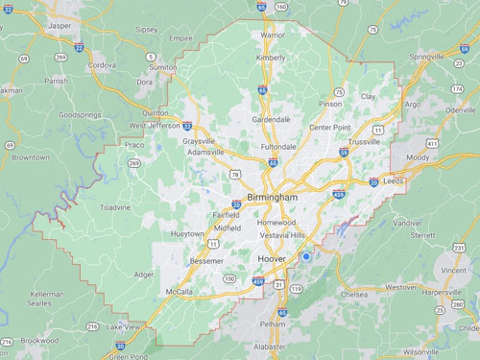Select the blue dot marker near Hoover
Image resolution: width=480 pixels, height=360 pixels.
[306, 256]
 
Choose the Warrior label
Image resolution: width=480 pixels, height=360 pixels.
[273, 36]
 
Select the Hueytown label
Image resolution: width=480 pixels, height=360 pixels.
[187, 234]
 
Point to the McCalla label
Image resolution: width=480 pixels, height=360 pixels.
[179, 291]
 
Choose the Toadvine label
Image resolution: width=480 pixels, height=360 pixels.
[115, 206]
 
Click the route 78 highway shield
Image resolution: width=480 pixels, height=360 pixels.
[234, 175]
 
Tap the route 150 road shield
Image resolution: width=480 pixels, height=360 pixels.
[230, 278]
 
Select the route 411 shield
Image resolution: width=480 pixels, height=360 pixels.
[433, 143]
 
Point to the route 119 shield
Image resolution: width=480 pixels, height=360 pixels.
[297, 289]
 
